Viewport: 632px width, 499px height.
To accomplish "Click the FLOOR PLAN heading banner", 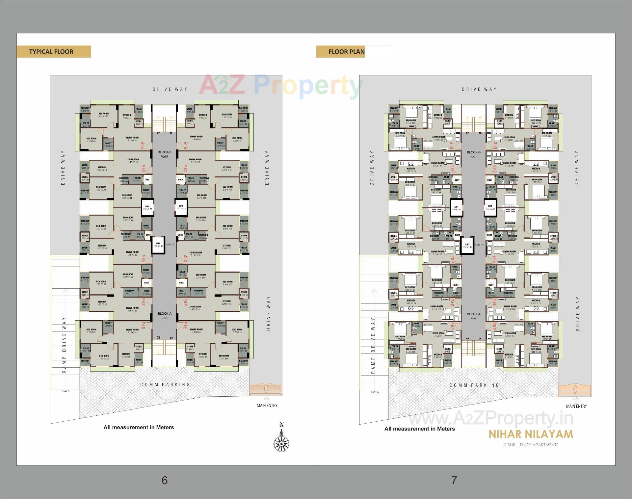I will (x=340, y=52).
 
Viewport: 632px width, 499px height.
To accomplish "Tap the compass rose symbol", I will (x=281, y=439).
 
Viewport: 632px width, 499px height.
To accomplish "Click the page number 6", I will (x=165, y=480).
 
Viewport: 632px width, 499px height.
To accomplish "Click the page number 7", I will (x=454, y=480).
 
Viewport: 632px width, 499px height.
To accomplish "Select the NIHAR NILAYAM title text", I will (x=531, y=434).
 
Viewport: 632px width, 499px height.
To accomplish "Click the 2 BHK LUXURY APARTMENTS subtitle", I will (x=531, y=445).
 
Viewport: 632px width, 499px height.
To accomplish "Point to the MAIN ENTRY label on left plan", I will (x=267, y=406).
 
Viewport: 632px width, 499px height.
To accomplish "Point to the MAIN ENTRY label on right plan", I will (x=576, y=406).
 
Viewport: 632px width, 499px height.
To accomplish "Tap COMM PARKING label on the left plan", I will (x=165, y=384).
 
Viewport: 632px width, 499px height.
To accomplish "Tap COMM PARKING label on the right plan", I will (x=474, y=385).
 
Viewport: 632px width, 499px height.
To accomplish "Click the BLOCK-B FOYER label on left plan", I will (x=164, y=154).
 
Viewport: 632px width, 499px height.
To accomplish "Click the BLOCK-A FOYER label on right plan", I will (x=473, y=316).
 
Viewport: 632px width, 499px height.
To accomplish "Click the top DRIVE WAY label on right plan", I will (x=479, y=89).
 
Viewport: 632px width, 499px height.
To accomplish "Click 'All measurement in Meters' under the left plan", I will (x=139, y=427).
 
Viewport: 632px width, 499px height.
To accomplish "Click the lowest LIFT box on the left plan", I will (x=158, y=245).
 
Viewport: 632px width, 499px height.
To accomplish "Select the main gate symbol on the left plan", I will (x=266, y=390).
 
